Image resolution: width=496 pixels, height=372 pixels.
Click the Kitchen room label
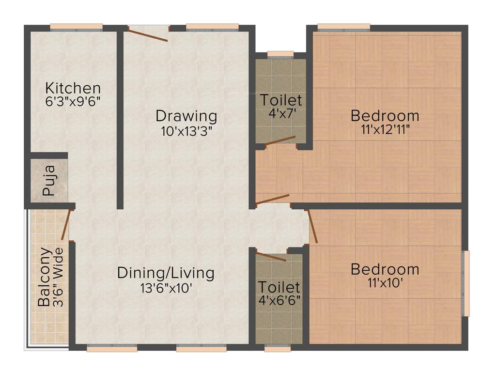click(x=73, y=89)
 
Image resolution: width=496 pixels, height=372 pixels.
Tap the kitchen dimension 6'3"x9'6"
click(x=73, y=102)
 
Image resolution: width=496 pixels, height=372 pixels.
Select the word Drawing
click(x=186, y=116)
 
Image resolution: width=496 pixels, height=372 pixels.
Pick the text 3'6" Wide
click(x=58, y=277)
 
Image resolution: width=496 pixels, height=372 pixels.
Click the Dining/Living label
click(x=166, y=273)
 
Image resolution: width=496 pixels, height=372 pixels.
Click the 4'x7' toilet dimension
click(x=281, y=115)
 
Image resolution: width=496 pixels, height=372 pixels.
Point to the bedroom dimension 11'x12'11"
click(x=385, y=129)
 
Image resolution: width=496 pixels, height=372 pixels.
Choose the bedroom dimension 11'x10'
click(x=385, y=282)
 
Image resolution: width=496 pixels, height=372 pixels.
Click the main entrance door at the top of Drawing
click(x=148, y=34)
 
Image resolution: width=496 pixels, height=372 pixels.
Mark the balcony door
click(x=67, y=224)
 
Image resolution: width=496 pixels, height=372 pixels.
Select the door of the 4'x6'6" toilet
click(x=271, y=256)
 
